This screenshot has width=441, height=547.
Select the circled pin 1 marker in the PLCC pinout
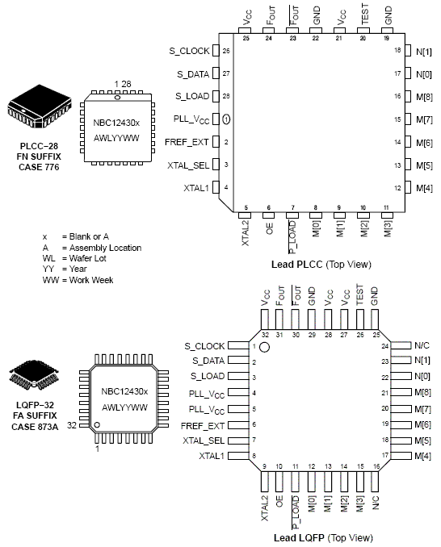tap(227, 119)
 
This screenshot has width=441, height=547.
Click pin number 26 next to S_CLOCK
tap(227, 51)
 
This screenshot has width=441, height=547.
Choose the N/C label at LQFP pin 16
tap(374, 500)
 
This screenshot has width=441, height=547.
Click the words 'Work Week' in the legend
tap(96, 279)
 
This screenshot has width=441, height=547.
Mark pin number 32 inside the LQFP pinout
tap(264, 334)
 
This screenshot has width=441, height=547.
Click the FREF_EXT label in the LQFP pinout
tap(204, 425)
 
